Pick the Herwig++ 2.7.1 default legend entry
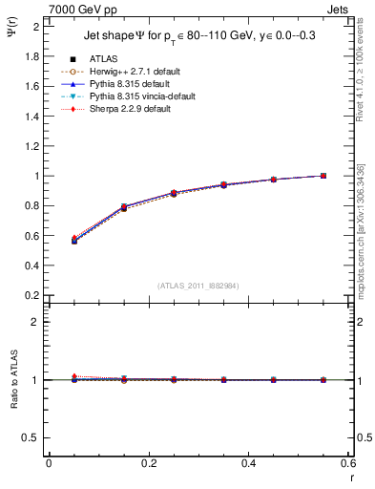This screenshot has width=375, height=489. click(135, 72)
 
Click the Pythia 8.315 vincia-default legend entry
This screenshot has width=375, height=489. click(142, 96)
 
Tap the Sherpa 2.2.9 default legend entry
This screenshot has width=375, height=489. click(133, 109)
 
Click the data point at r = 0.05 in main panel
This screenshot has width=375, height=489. click(73, 240)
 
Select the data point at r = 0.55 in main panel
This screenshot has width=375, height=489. click(323, 176)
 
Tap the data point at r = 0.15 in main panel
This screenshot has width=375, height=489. click(124, 206)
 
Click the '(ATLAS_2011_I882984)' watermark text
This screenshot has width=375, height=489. click(198, 286)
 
